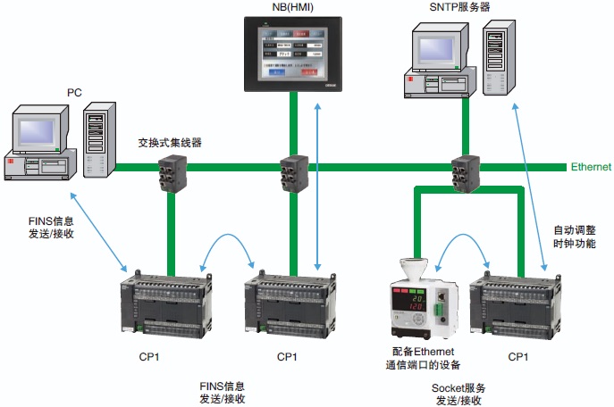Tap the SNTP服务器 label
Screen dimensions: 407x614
459,8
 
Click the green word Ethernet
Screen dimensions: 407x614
591,167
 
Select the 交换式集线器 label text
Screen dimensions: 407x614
170,142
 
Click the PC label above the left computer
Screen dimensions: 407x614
75,92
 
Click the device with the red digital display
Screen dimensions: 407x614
421,299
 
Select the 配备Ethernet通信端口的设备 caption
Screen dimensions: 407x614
425,359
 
